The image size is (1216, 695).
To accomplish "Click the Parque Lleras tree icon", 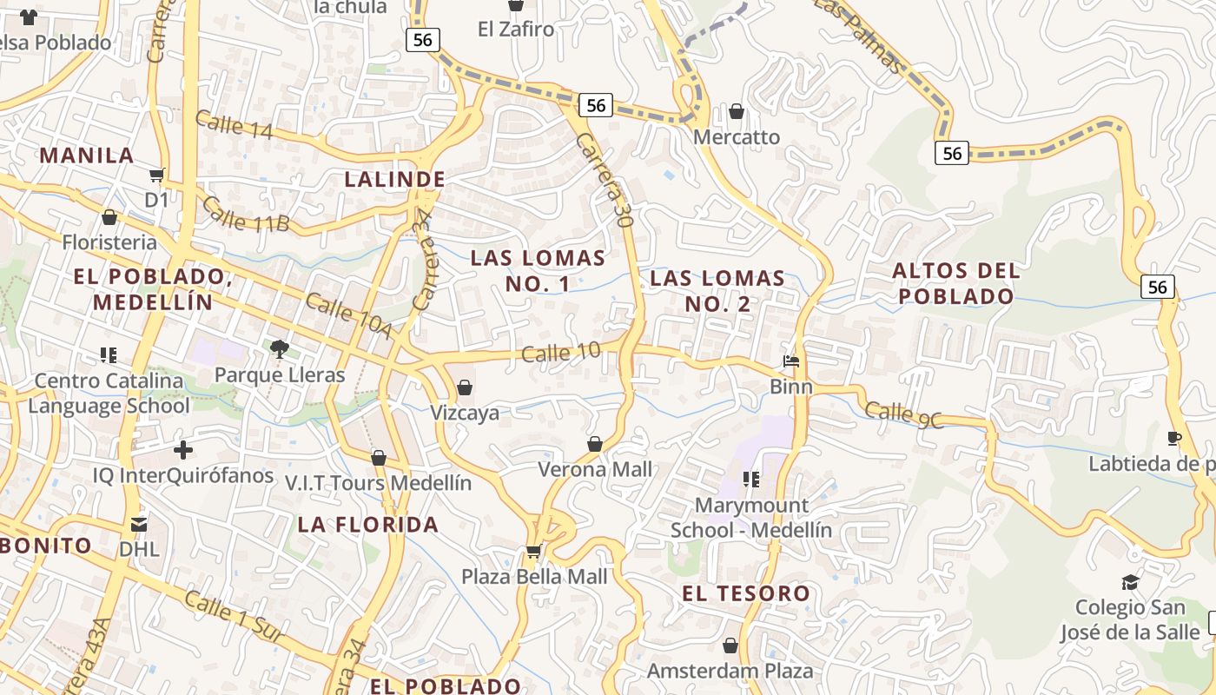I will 279,349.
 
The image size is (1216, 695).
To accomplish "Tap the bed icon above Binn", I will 790,361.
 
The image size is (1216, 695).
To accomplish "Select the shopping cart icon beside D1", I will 157,175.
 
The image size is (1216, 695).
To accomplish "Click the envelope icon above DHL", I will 139,524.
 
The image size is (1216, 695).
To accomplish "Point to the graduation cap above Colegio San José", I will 1130,582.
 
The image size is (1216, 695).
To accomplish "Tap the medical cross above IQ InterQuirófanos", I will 183,450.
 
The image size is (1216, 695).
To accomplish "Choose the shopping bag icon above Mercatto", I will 737,111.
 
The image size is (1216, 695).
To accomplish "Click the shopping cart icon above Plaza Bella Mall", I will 533,551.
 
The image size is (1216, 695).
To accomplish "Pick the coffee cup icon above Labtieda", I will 1174,438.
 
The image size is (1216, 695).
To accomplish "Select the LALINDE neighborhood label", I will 395,180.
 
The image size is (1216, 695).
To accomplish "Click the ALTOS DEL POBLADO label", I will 956,283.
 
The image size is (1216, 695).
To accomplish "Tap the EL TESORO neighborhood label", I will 746,594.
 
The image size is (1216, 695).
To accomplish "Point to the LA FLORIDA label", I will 368,525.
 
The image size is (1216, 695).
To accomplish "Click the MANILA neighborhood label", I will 87,156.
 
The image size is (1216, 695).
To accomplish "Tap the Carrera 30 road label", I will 602,180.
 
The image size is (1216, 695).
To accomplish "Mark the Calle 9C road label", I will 903,414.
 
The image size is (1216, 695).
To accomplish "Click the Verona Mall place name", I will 595,470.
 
